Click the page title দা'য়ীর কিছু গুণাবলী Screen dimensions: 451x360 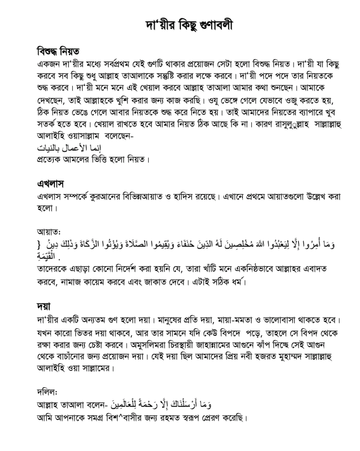180,25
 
